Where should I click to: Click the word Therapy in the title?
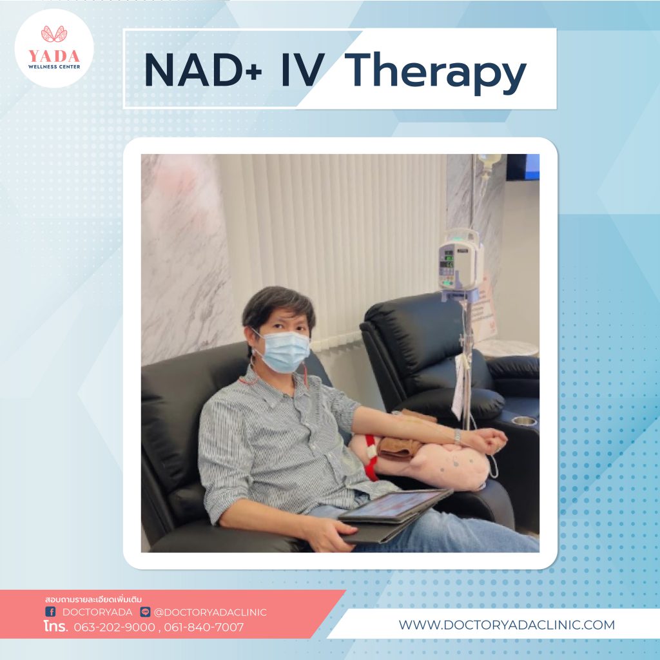(438, 73)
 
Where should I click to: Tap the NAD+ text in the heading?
(203, 70)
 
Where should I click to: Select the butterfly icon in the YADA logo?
(54, 34)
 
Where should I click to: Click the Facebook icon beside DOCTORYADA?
(50, 611)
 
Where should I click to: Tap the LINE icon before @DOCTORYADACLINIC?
(145, 612)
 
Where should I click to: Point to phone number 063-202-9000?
(115, 627)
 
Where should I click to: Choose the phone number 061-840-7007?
(204, 627)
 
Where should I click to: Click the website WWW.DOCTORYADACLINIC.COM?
(507, 625)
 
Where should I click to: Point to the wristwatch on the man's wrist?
(458, 436)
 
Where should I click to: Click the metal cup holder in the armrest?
(524, 420)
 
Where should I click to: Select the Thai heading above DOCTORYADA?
(93, 599)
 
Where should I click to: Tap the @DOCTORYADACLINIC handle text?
(210, 612)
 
